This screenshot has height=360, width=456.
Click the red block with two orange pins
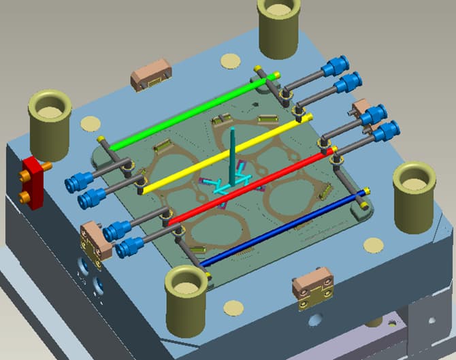(32, 182)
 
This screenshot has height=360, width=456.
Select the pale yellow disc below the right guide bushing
(372, 244)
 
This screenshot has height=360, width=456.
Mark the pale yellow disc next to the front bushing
(233, 308)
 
